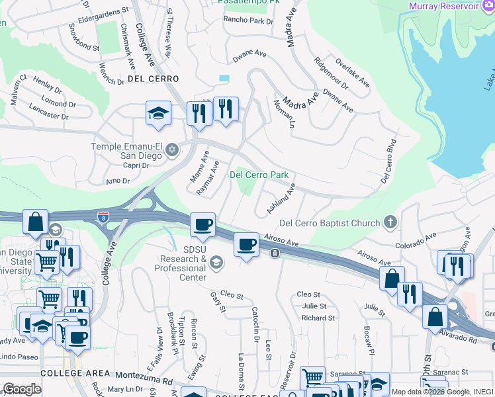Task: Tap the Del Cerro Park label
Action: [259, 175]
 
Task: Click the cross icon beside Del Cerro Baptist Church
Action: [391, 223]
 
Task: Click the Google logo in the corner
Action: [22, 388]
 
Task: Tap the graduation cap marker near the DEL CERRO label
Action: [158, 113]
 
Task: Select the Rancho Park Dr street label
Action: [248, 21]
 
